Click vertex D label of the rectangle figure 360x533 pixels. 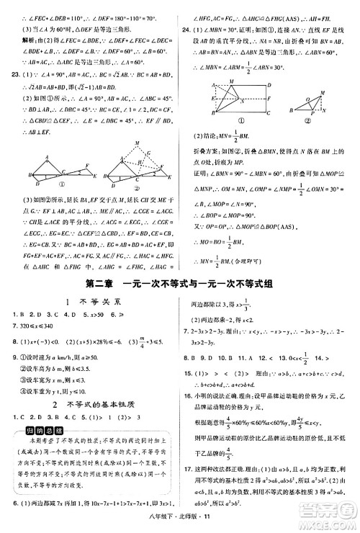(x=269, y=85)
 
